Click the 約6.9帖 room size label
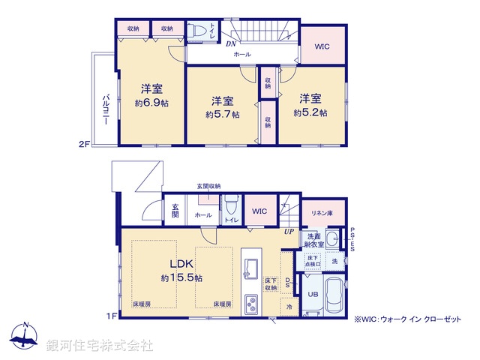151,103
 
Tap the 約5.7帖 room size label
223,115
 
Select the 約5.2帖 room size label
309,112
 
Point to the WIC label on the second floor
322,46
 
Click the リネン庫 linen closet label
323,211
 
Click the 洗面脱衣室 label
313,240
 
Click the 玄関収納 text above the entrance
208,186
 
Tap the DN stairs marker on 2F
231,43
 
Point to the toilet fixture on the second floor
198,31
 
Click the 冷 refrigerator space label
289,306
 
